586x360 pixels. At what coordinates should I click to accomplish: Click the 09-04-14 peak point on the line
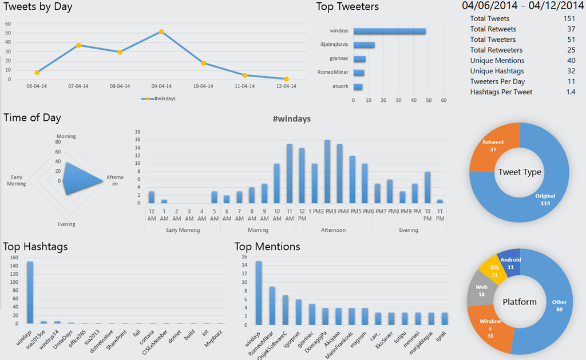(x=161, y=31)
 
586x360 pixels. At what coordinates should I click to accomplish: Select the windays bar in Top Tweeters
(x=390, y=31)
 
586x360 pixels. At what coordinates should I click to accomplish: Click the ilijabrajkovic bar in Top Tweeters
(x=364, y=45)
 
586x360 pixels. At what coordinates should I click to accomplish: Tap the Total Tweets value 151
(x=569, y=19)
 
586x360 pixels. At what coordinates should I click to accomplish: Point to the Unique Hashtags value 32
(x=571, y=70)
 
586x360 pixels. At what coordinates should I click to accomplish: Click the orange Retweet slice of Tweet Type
(x=496, y=148)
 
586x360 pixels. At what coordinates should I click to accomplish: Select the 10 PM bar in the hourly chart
(x=427, y=187)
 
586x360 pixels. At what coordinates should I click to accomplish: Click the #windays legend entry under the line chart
(x=159, y=98)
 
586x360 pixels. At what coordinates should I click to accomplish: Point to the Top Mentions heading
(x=267, y=247)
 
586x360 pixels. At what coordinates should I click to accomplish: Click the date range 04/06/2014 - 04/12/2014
(x=523, y=6)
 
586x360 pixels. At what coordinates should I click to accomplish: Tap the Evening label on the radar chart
(x=66, y=224)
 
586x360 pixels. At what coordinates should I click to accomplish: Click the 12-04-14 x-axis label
(x=286, y=86)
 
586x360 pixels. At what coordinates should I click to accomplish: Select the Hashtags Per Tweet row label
(x=501, y=92)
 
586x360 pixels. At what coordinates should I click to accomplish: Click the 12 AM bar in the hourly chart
(x=152, y=197)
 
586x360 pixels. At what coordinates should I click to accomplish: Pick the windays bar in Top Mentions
(x=259, y=292)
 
